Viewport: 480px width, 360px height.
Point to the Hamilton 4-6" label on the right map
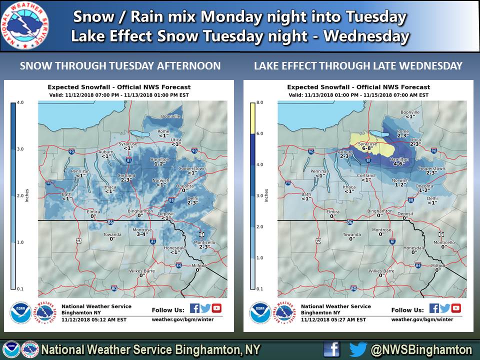398,160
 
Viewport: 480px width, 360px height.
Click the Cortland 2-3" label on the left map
126,178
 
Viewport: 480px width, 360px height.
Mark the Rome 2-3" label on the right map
403,133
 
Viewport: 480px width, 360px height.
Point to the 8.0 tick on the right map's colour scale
259,102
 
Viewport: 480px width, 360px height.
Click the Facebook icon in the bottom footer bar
331,349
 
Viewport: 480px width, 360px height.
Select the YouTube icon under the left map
216,308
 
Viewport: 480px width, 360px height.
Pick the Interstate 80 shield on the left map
114,288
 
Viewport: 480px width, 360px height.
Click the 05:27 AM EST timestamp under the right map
333,319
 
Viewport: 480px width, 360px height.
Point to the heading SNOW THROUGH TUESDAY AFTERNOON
120,66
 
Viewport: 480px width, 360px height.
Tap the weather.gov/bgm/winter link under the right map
422,319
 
